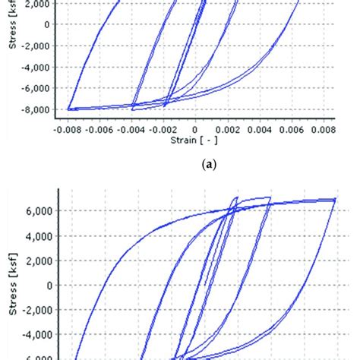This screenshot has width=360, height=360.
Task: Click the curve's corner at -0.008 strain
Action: tap(69, 109)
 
